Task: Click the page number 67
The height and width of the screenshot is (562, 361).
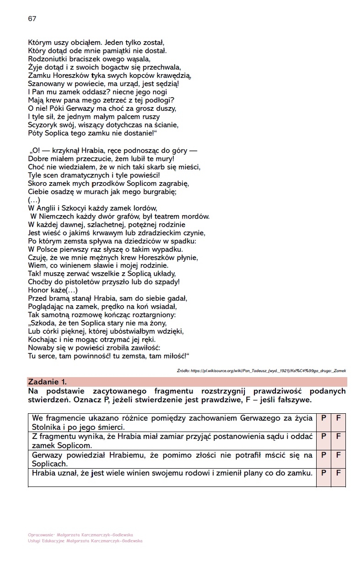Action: pyautogui.click(x=32, y=19)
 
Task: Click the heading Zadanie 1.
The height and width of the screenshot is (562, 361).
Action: pyautogui.click(x=48, y=382)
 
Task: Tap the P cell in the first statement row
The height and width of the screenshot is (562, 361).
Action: pyautogui.click(x=323, y=418)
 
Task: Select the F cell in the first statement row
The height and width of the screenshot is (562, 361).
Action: pyautogui.click(x=339, y=418)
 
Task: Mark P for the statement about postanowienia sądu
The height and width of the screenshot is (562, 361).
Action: pyautogui.click(x=323, y=436)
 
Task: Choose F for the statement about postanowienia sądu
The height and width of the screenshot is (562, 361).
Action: pyautogui.click(x=339, y=436)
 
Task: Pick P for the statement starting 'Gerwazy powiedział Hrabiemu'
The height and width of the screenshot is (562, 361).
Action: pyautogui.click(x=323, y=455)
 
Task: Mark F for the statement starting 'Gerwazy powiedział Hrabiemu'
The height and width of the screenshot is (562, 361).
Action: pyautogui.click(x=339, y=455)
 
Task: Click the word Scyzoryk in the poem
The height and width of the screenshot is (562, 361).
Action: pyautogui.click(x=43, y=124)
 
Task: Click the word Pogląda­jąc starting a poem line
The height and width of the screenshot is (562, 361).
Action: pyautogui.click(x=47, y=306)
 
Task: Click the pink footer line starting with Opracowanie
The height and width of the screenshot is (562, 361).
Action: pyautogui.click(x=81, y=535)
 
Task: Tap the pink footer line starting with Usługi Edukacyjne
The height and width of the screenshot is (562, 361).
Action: pyautogui.click(x=85, y=540)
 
